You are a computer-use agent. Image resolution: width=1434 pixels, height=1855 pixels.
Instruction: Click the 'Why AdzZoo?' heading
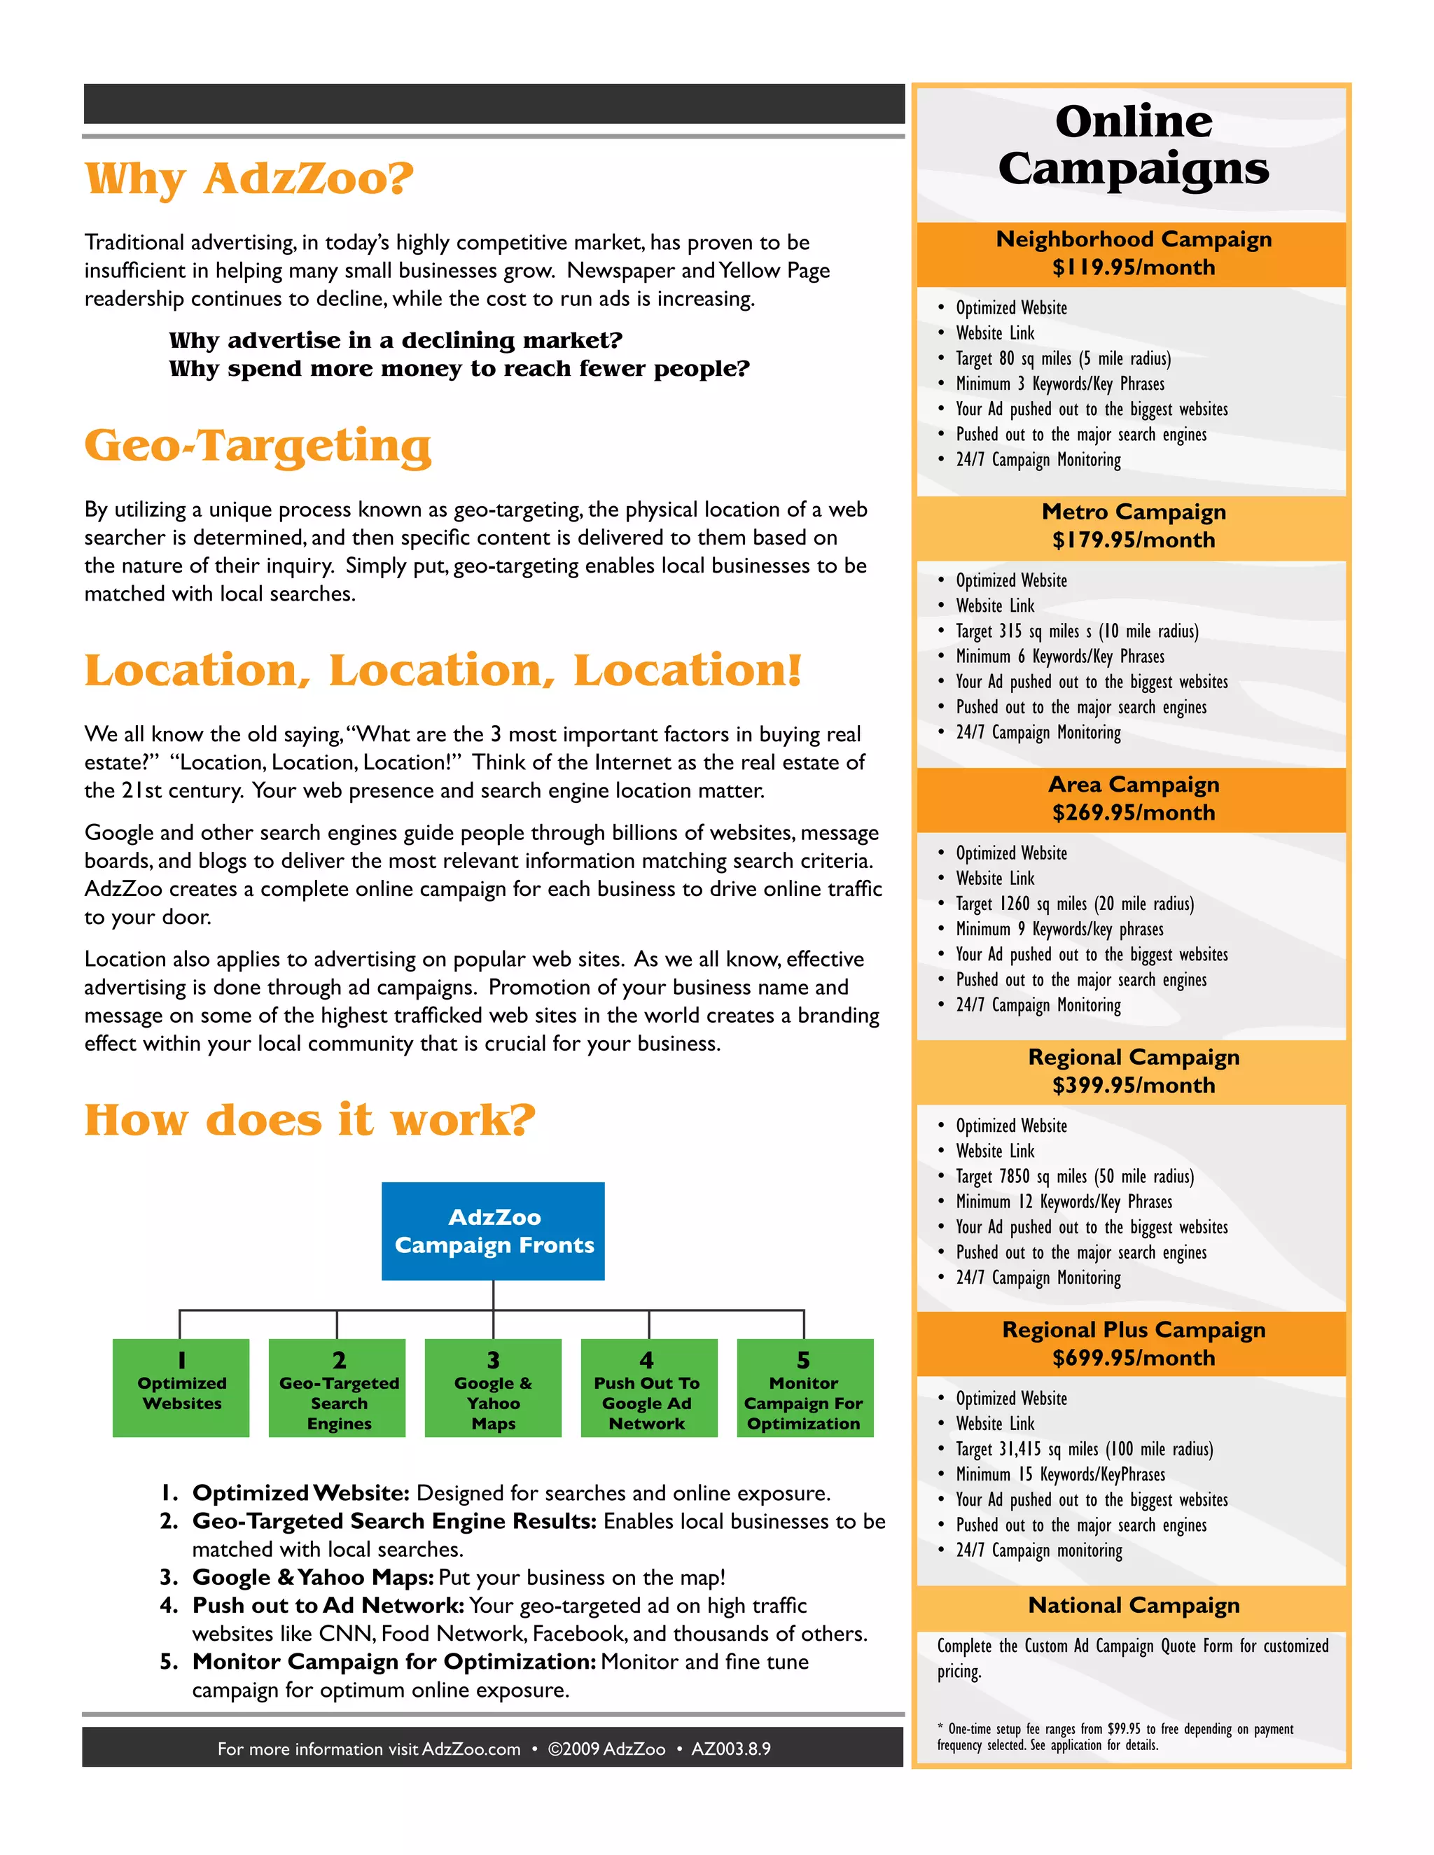coord(249,179)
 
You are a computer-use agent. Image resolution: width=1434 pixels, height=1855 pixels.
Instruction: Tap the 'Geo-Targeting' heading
coord(258,446)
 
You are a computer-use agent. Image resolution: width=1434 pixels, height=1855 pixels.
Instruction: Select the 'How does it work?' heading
coord(310,1119)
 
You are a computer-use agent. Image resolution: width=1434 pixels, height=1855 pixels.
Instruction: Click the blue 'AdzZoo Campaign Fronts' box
coord(494,1231)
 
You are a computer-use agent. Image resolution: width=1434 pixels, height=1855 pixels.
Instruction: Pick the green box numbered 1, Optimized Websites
coord(181,1388)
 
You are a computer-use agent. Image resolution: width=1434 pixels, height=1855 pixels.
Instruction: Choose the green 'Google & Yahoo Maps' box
coord(494,1388)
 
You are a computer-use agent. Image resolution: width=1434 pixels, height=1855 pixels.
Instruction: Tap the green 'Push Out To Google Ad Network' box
coord(649,1388)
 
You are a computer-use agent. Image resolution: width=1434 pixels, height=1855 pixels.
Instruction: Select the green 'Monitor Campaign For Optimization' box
coord(805,1388)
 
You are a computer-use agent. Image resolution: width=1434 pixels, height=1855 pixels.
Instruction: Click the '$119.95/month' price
coord(1134,267)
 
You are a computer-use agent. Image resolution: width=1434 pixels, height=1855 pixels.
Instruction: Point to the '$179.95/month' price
coord(1134,540)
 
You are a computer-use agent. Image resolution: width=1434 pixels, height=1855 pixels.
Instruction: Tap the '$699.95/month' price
coord(1134,1358)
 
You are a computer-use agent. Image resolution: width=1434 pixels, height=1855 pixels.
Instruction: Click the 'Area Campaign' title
coord(1134,784)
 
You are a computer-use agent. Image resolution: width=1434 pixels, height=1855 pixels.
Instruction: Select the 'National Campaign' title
coord(1134,1605)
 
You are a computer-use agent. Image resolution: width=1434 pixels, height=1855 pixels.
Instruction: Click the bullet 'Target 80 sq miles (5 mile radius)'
coord(1063,358)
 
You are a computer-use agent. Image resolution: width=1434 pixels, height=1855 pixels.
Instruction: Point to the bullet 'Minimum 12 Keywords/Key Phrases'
coord(1064,1202)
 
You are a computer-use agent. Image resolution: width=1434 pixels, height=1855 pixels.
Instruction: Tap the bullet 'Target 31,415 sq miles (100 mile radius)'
coord(1084,1449)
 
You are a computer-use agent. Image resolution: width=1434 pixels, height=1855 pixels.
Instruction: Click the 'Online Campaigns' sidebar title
coord(1134,144)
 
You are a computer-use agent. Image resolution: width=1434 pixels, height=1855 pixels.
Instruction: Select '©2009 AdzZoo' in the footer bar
coord(606,1749)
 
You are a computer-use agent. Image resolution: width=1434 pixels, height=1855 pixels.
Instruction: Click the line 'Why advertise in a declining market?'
coord(396,341)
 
